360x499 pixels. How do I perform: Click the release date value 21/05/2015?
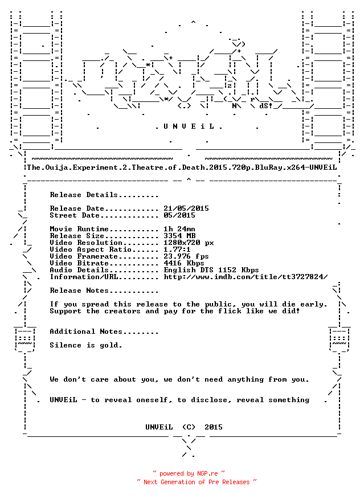pos(186,208)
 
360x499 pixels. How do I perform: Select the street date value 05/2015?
pos(179,215)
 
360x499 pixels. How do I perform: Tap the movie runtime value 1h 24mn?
pos(179,229)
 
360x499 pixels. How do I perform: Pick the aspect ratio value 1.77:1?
pos(177,249)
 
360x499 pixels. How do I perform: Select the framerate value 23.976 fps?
pos(186,256)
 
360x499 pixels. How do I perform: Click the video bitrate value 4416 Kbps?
pos(183,263)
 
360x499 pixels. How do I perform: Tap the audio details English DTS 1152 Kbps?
pos(211,270)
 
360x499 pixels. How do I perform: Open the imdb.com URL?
pos(246,277)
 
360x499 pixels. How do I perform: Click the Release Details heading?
pos(104,195)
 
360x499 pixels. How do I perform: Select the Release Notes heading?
pos(104,291)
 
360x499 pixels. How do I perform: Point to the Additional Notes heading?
pos(104,332)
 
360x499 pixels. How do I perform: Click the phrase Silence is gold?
pos(86,345)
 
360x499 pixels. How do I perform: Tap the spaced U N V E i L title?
pos(189,126)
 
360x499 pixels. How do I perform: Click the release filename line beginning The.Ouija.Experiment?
pos(182,167)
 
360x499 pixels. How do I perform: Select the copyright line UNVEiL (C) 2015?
pos(184,427)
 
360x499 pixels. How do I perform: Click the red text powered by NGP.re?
pos(189,473)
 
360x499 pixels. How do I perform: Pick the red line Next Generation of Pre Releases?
pos(197,482)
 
